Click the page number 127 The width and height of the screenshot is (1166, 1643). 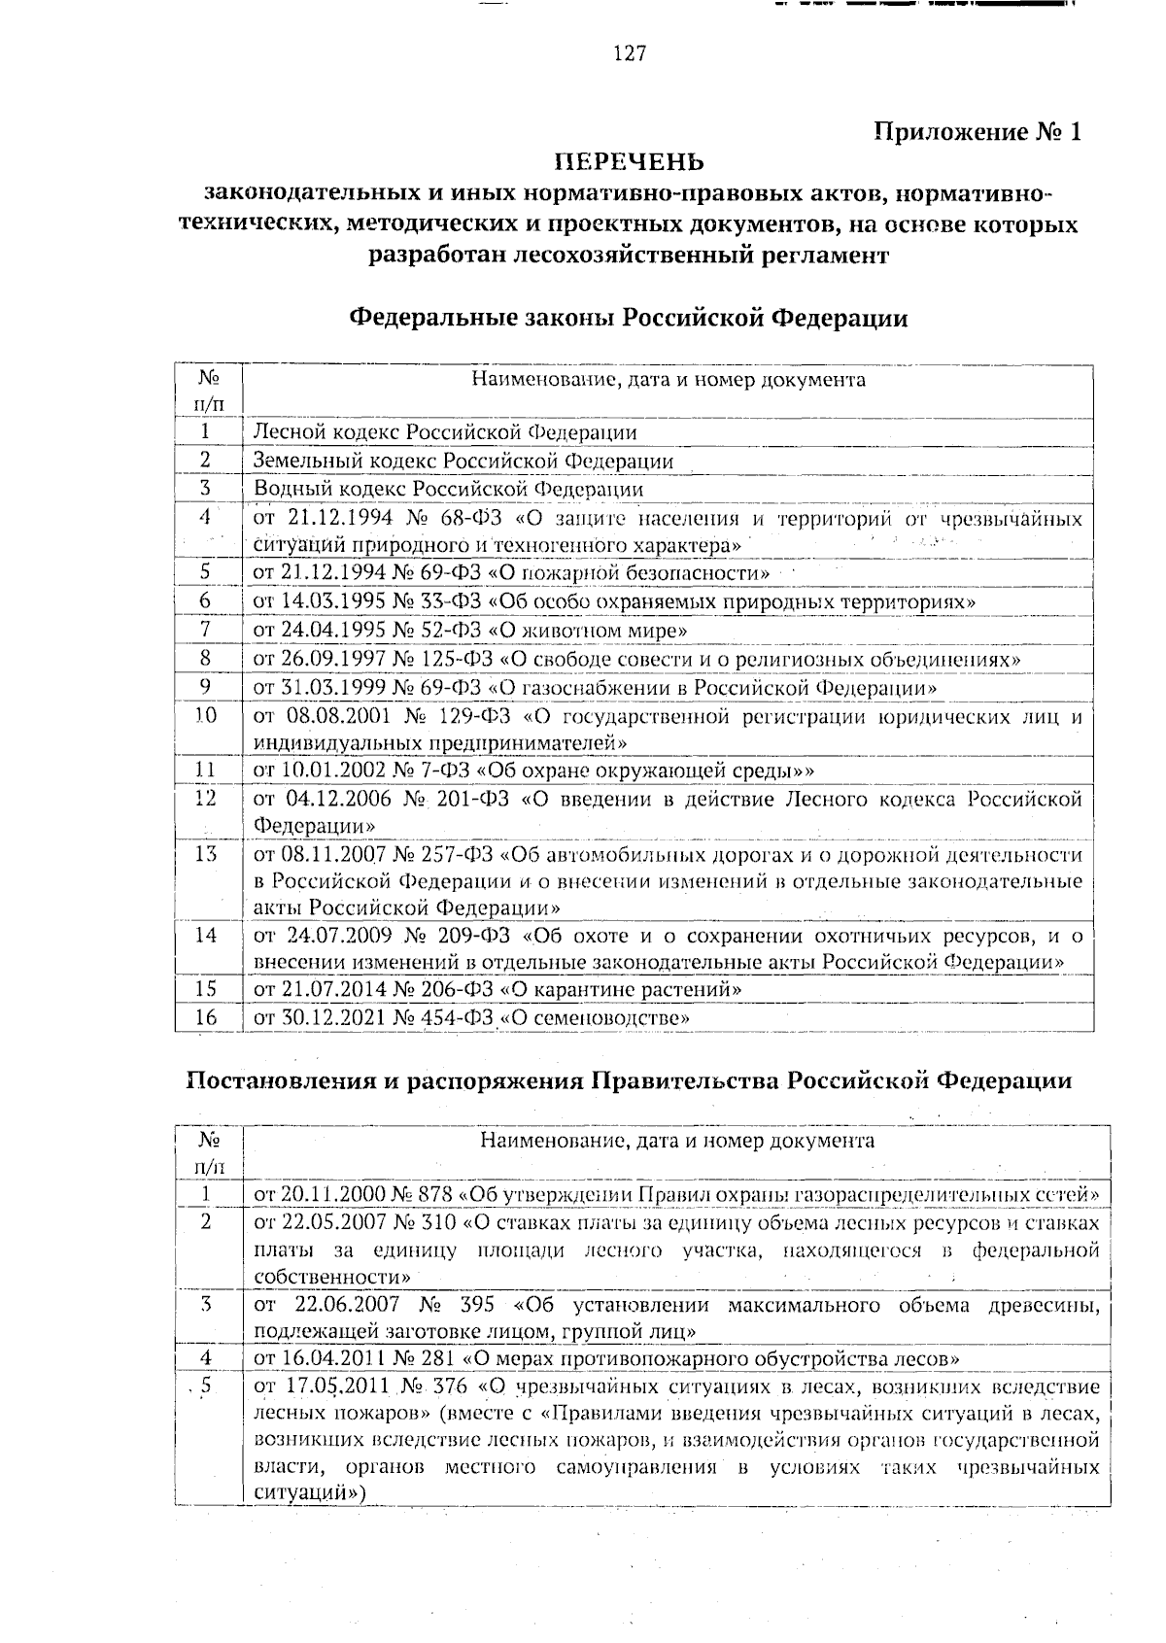point(630,54)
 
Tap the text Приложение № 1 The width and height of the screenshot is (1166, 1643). point(977,132)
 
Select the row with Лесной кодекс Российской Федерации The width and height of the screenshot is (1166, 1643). point(445,432)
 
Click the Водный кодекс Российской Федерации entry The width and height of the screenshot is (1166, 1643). point(448,489)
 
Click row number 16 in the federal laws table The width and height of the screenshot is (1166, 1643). point(206,1017)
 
